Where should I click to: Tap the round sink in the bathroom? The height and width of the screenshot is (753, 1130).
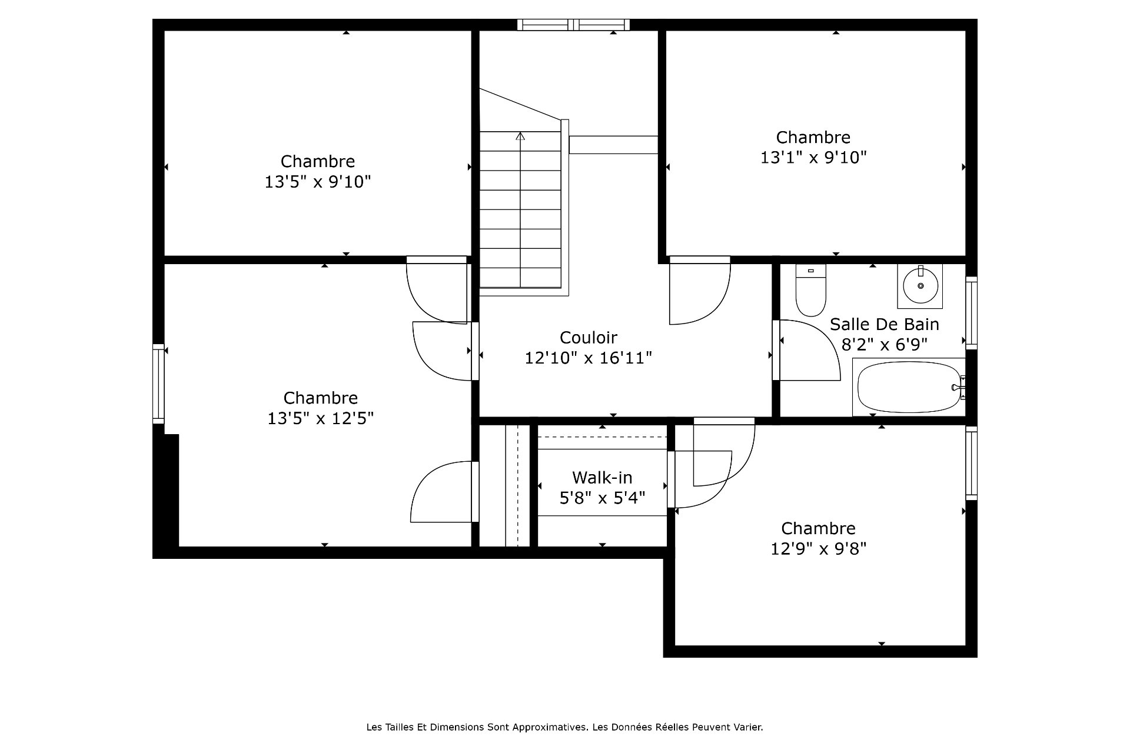pyautogui.click(x=920, y=286)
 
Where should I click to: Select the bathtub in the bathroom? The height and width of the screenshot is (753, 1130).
pyautogui.click(x=909, y=387)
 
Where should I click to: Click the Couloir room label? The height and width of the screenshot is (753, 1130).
pyautogui.click(x=588, y=338)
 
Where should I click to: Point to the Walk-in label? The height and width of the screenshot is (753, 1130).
pyautogui.click(x=602, y=477)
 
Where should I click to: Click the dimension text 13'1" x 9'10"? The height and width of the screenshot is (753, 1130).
pyautogui.click(x=813, y=158)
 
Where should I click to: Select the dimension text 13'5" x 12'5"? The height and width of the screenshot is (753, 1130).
pyautogui.click(x=321, y=418)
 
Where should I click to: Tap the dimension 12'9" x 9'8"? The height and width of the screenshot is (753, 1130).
pyautogui.click(x=818, y=549)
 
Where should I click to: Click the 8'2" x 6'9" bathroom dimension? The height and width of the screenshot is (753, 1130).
pyautogui.click(x=884, y=344)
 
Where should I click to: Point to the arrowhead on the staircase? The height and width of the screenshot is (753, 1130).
pyautogui.click(x=520, y=136)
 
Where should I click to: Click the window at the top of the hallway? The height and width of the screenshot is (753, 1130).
pyautogui.click(x=574, y=25)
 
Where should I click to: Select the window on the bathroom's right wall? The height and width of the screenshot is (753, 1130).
pyautogui.click(x=971, y=313)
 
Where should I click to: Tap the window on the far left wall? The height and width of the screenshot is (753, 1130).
pyautogui.click(x=158, y=384)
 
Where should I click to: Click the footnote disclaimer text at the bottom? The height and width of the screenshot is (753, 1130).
pyautogui.click(x=564, y=727)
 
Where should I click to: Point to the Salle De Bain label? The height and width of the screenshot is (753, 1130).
pyautogui.click(x=884, y=324)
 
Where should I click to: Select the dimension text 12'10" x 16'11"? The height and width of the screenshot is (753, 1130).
pyautogui.click(x=588, y=358)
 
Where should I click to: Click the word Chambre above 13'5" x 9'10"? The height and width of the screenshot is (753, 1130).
pyautogui.click(x=318, y=161)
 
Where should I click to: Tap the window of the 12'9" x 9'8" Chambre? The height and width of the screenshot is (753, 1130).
pyautogui.click(x=971, y=463)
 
